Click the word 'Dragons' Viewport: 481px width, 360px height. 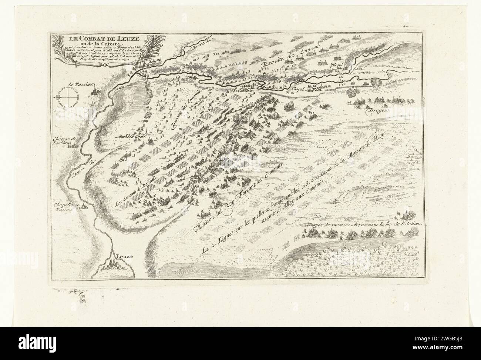click(377, 110)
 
